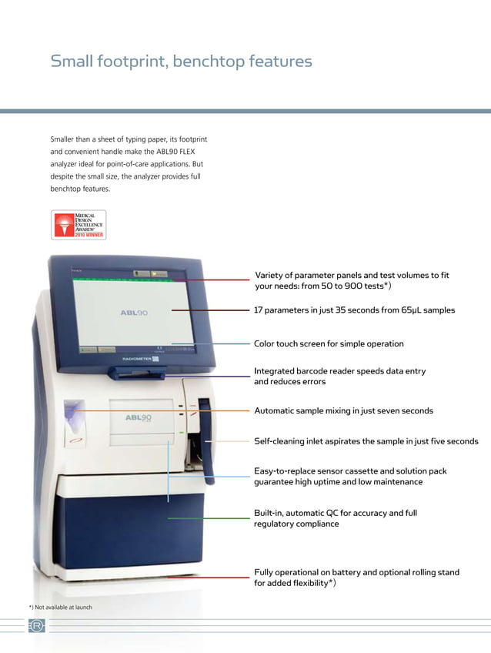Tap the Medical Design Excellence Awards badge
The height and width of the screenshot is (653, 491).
click(x=78, y=224)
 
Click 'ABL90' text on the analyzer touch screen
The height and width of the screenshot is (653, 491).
click(x=134, y=313)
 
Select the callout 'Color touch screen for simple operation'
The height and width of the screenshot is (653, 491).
click(x=329, y=344)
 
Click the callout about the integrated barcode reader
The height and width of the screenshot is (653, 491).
click(x=339, y=377)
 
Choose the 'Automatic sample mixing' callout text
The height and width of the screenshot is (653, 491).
click(x=343, y=411)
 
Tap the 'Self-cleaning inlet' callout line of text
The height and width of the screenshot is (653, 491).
click(x=366, y=442)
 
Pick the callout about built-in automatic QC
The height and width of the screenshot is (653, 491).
click(x=336, y=518)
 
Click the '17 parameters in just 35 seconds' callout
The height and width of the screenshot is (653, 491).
click(x=354, y=310)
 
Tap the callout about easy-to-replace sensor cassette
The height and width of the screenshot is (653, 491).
click(x=350, y=477)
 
